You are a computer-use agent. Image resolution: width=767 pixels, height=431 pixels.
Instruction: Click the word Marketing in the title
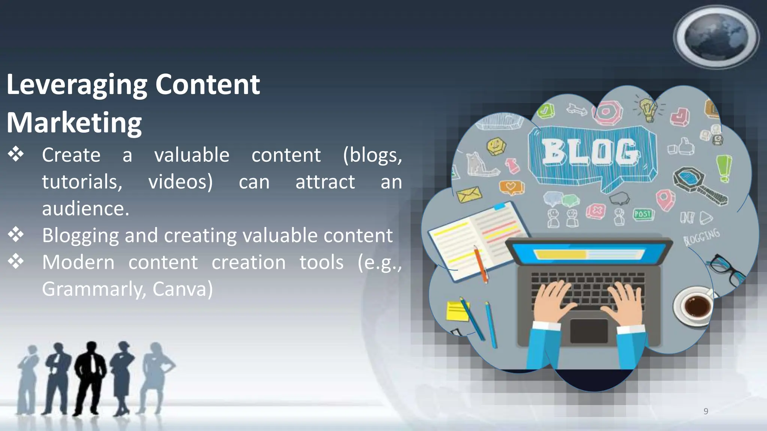pyautogui.click(x=74, y=123)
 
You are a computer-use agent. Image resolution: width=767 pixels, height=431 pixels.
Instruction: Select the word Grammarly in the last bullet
pyautogui.click(x=94, y=289)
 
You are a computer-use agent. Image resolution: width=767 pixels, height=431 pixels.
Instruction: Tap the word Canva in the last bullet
pyautogui.click(x=182, y=289)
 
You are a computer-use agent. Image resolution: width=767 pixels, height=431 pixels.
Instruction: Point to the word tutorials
pyautogui.click(x=82, y=182)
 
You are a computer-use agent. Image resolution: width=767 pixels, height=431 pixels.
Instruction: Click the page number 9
pyautogui.click(x=706, y=411)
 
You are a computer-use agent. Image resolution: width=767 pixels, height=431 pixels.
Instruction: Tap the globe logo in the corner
pyautogui.click(x=716, y=37)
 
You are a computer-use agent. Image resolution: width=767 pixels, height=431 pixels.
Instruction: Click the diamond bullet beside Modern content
pyautogui.click(x=16, y=261)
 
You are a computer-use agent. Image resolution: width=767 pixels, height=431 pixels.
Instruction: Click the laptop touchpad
pyautogui.click(x=589, y=331)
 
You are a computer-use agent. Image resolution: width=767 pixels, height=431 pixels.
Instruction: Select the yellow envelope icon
pyautogui.click(x=469, y=194)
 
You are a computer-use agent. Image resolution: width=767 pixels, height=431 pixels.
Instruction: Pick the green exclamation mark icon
pyautogui.click(x=724, y=168)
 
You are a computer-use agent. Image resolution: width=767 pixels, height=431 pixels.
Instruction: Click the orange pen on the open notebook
pyautogui.click(x=480, y=264)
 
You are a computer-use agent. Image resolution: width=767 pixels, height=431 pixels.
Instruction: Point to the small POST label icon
pyautogui.click(x=643, y=214)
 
